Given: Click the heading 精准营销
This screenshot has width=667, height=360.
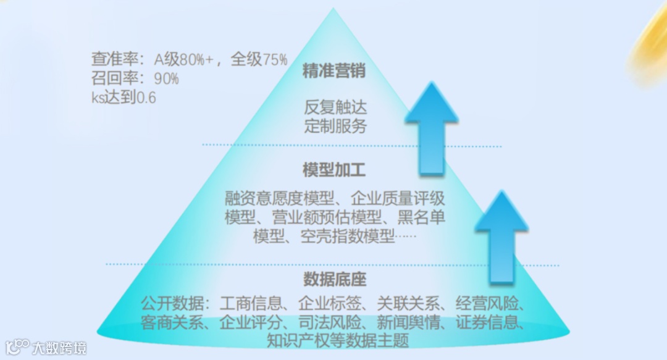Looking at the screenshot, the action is [334, 71].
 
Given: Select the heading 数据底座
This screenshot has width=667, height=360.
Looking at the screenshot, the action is [334, 279].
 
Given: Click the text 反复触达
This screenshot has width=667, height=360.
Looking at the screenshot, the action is [335, 107].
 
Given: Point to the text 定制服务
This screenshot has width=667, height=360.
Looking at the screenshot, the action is [335, 126].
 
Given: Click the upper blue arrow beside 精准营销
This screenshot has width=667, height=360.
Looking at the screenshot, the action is [432, 127].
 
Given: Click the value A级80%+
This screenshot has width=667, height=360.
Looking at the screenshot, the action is [183, 60].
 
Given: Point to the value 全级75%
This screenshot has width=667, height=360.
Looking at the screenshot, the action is [259, 60].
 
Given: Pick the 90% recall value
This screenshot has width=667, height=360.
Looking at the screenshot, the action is [166, 78].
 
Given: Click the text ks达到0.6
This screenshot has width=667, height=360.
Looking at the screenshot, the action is [123, 97].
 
